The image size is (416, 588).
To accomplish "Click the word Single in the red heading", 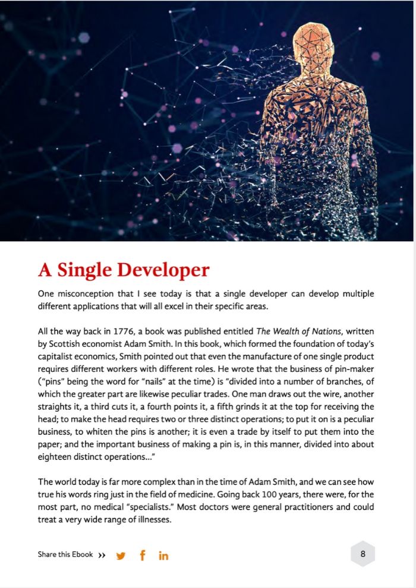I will pos(83,270).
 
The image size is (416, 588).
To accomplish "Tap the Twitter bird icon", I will pos(121,556).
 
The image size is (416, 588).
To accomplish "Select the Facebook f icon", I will pos(142,555).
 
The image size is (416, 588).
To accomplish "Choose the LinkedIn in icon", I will pos(163,556).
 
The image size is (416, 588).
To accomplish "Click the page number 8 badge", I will pos(363,554).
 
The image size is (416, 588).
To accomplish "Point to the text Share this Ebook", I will pos(65,555).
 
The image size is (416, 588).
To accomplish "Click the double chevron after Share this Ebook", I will pos(102,555).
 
